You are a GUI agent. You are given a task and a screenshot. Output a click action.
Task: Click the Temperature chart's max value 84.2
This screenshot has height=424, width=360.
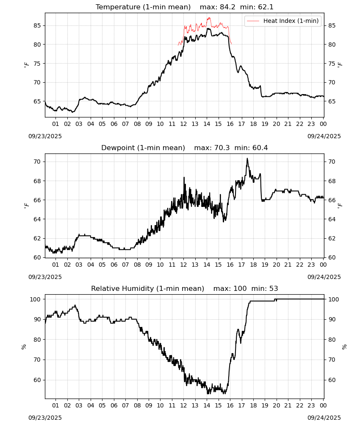point(227,7)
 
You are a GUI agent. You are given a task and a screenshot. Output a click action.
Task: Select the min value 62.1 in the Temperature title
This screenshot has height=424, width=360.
point(266,7)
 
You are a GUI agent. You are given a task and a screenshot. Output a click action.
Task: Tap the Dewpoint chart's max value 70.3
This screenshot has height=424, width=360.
point(222,148)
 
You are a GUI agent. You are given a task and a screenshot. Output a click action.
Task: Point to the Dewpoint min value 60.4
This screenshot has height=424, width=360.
point(260,148)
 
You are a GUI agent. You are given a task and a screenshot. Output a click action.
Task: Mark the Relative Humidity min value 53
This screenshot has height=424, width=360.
point(274,288)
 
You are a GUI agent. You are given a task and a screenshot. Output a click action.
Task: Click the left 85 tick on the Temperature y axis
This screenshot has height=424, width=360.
point(37,26)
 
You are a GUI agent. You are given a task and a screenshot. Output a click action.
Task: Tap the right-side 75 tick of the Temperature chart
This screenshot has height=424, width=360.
point(332,64)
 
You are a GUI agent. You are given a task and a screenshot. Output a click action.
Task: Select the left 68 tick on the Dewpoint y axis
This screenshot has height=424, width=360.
point(37,181)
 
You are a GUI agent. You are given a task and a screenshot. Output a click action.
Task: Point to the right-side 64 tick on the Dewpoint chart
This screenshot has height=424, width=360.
point(332,219)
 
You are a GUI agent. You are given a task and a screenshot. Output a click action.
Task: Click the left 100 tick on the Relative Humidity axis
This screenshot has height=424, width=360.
point(36,299)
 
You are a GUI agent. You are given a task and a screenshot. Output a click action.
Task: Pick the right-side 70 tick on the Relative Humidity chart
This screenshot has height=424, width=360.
point(332,360)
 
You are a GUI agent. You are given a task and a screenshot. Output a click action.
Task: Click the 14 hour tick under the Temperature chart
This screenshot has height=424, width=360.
point(207,124)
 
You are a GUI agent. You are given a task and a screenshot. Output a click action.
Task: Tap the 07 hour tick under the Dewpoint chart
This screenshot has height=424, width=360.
point(125,265)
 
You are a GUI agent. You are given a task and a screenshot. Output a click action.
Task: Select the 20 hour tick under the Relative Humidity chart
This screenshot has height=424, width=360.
point(276,405)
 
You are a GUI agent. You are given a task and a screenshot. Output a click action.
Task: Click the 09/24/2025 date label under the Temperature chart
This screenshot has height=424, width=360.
point(324,136)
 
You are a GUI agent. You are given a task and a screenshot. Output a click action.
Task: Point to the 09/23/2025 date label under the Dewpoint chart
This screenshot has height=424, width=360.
point(45,277)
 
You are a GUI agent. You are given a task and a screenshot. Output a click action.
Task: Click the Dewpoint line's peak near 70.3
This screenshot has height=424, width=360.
point(247,159)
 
